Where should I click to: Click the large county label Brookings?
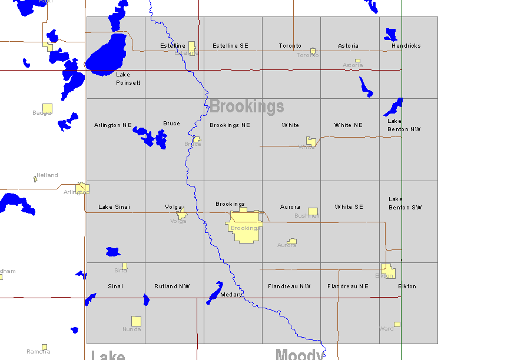pyautogui.click(x=247, y=106)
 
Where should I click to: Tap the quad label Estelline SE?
pyautogui.click(x=230, y=46)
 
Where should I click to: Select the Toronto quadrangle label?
pyautogui.click(x=290, y=46)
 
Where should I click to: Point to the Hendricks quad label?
pyautogui.click(x=406, y=46)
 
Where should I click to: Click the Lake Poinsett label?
pyautogui.click(x=128, y=79)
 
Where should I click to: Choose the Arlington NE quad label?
pyautogui.click(x=113, y=125)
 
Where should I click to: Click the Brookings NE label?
pyautogui.click(x=230, y=125)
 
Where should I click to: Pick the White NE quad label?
pyautogui.click(x=349, y=125)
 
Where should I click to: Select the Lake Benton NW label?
pyautogui.click(x=404, y=125)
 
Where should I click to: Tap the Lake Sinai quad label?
pyautogui.click(x=114, y=207)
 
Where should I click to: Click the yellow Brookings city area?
pyautogui.click(x=244, y=226)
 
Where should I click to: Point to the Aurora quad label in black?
pyautogui.click(x=290, y=207)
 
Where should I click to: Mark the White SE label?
pyautogui.click(x=349, y=207)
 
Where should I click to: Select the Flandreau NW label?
pyautogui.click(x=289, y=286)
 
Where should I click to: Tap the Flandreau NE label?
pyautogui.click(x=348, y=286)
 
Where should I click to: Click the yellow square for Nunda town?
pyautogui.click(x=136, y=321)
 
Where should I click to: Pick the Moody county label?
pyautogui.click(x=300, y=354)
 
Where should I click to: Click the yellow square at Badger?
pyautogui.click(x=47, y=108)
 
